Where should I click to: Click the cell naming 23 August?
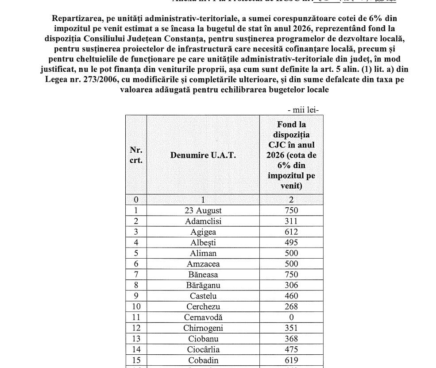coord(203,210)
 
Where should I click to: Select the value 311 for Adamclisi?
coord(291,221)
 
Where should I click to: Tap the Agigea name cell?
coord(203,232)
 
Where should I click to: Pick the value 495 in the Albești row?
coord(291,242)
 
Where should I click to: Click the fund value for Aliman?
coord(291,253)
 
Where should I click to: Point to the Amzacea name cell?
coord(203,264)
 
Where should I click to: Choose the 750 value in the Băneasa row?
coord(291,275)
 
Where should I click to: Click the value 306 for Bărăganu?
coord(291,285)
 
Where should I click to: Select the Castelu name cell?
coord(203,296)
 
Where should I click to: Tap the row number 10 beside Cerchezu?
coord(136,306)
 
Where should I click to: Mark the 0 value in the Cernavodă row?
coord(291,317)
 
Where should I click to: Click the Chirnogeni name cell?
coord(203,328)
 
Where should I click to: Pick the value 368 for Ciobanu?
coord(291,339)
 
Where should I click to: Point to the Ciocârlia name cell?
coord(203,349)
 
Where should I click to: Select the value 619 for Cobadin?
coord(291,360)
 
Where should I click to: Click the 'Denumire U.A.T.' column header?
coord(203,155)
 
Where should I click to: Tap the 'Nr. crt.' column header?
coord(136,155)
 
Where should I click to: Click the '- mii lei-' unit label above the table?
coord(303,110)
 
